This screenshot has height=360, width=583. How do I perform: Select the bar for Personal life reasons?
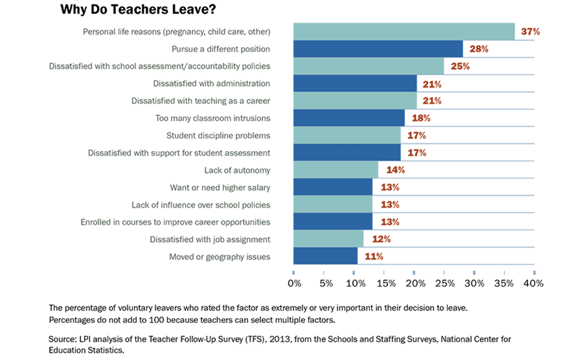coord(404,31)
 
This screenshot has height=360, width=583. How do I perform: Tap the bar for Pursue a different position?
coord(378,49)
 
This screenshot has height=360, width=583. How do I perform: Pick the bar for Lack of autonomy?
coord(335,170)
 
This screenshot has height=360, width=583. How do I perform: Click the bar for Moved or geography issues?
coord(325,256)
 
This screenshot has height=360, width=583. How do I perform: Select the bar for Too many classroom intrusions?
coord(349,118)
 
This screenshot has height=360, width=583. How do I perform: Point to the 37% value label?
coord(531,31)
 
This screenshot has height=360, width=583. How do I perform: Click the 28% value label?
coord(479,49)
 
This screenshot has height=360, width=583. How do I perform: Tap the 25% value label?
coord(460,66)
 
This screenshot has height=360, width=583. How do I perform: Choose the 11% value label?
coord(374,256)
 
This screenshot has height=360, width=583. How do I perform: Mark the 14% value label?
coord(395,170)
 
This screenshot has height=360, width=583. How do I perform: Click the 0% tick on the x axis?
coord(294,283)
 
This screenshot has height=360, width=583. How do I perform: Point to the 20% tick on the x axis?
coord(415,283)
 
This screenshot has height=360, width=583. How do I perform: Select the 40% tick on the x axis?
coord(534,283)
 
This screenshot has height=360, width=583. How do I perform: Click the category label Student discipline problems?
coord(218,135)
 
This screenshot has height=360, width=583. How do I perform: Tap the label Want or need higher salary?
coord(220,187)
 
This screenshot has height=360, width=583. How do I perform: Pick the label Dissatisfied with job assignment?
coord(210,239)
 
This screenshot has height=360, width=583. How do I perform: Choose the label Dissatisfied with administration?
coord(212,83)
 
